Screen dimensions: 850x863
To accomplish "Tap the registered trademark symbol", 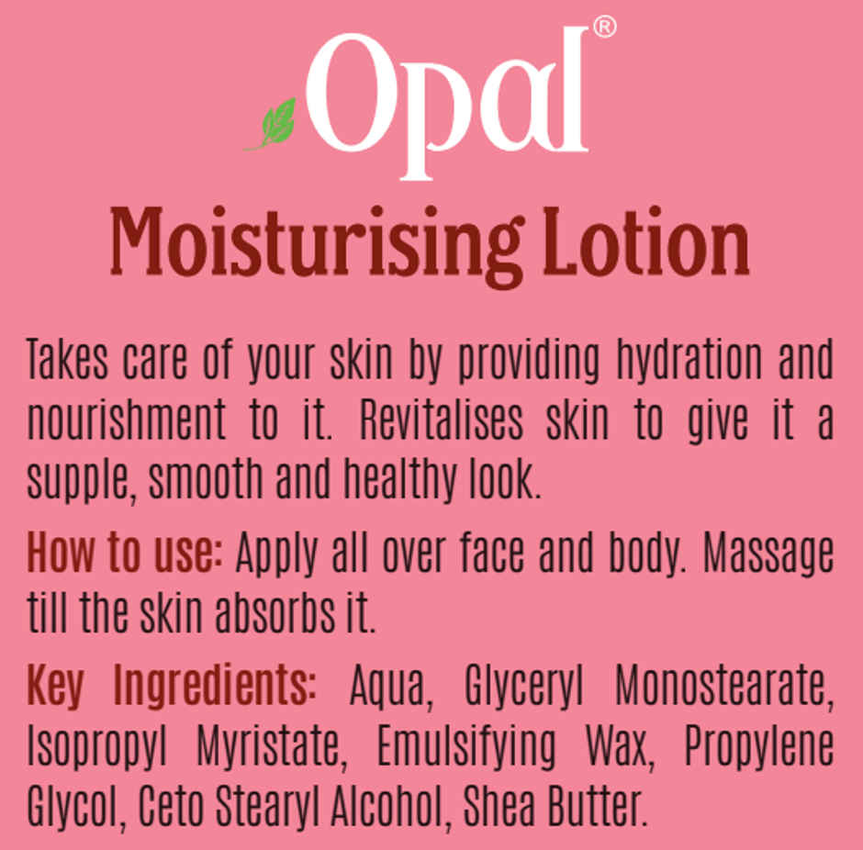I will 603,28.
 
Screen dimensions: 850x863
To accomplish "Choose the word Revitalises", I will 442,419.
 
